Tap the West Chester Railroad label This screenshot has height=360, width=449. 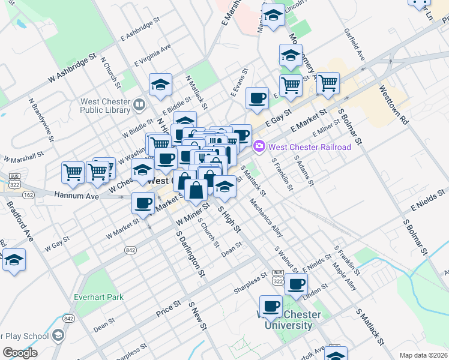(x=309, y=147)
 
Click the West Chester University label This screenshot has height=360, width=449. (x=285, y=320)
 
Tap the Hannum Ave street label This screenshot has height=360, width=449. (x=76, y=196)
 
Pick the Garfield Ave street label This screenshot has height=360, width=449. (x=355, y=46)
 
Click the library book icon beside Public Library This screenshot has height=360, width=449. (x=139, y=105)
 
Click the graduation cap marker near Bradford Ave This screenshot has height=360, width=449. (x=14, y=260)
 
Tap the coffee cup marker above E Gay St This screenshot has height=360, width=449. (x=258, y=98)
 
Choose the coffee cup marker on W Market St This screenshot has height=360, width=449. (x=143, y=203)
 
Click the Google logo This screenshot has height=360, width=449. (x=20, y=353)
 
